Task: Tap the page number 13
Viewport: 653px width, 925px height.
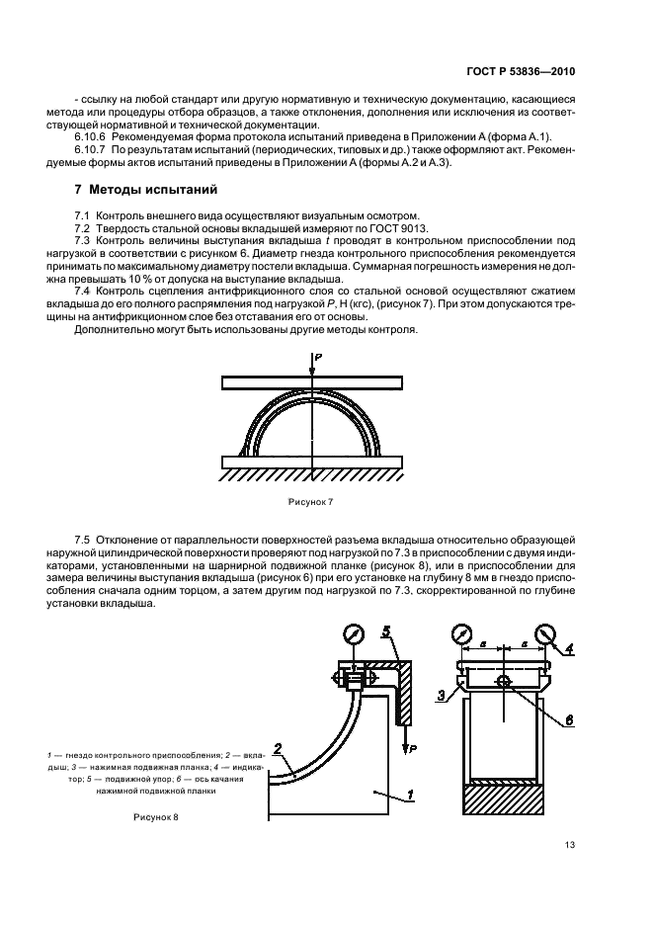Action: [x=571, y=845]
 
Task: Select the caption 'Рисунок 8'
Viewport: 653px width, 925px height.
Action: [x=154, y=818]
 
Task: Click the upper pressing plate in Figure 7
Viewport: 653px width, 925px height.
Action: [x=311, y=381]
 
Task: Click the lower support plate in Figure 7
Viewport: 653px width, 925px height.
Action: [x=311, y=462]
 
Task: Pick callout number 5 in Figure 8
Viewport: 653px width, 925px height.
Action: [x=387, y=629]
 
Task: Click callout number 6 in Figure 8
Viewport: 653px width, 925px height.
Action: [x=567, y=720]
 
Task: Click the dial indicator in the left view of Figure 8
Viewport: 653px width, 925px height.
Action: [x=351, y=633]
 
